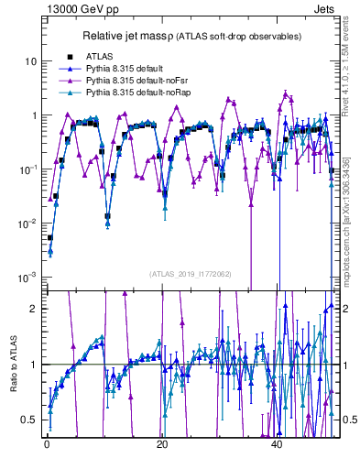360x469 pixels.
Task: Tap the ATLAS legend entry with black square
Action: point(98,57)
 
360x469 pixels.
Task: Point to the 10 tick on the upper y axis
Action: point(30,61)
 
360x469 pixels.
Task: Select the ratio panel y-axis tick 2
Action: point(33,308)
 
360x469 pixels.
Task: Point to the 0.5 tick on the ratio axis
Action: point(29,420)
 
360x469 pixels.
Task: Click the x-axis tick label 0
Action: point(47,444)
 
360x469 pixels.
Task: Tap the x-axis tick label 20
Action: point(162,444)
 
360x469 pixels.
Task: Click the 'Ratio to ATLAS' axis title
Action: point(12,365)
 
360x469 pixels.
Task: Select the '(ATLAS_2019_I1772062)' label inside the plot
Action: point(190,273)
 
